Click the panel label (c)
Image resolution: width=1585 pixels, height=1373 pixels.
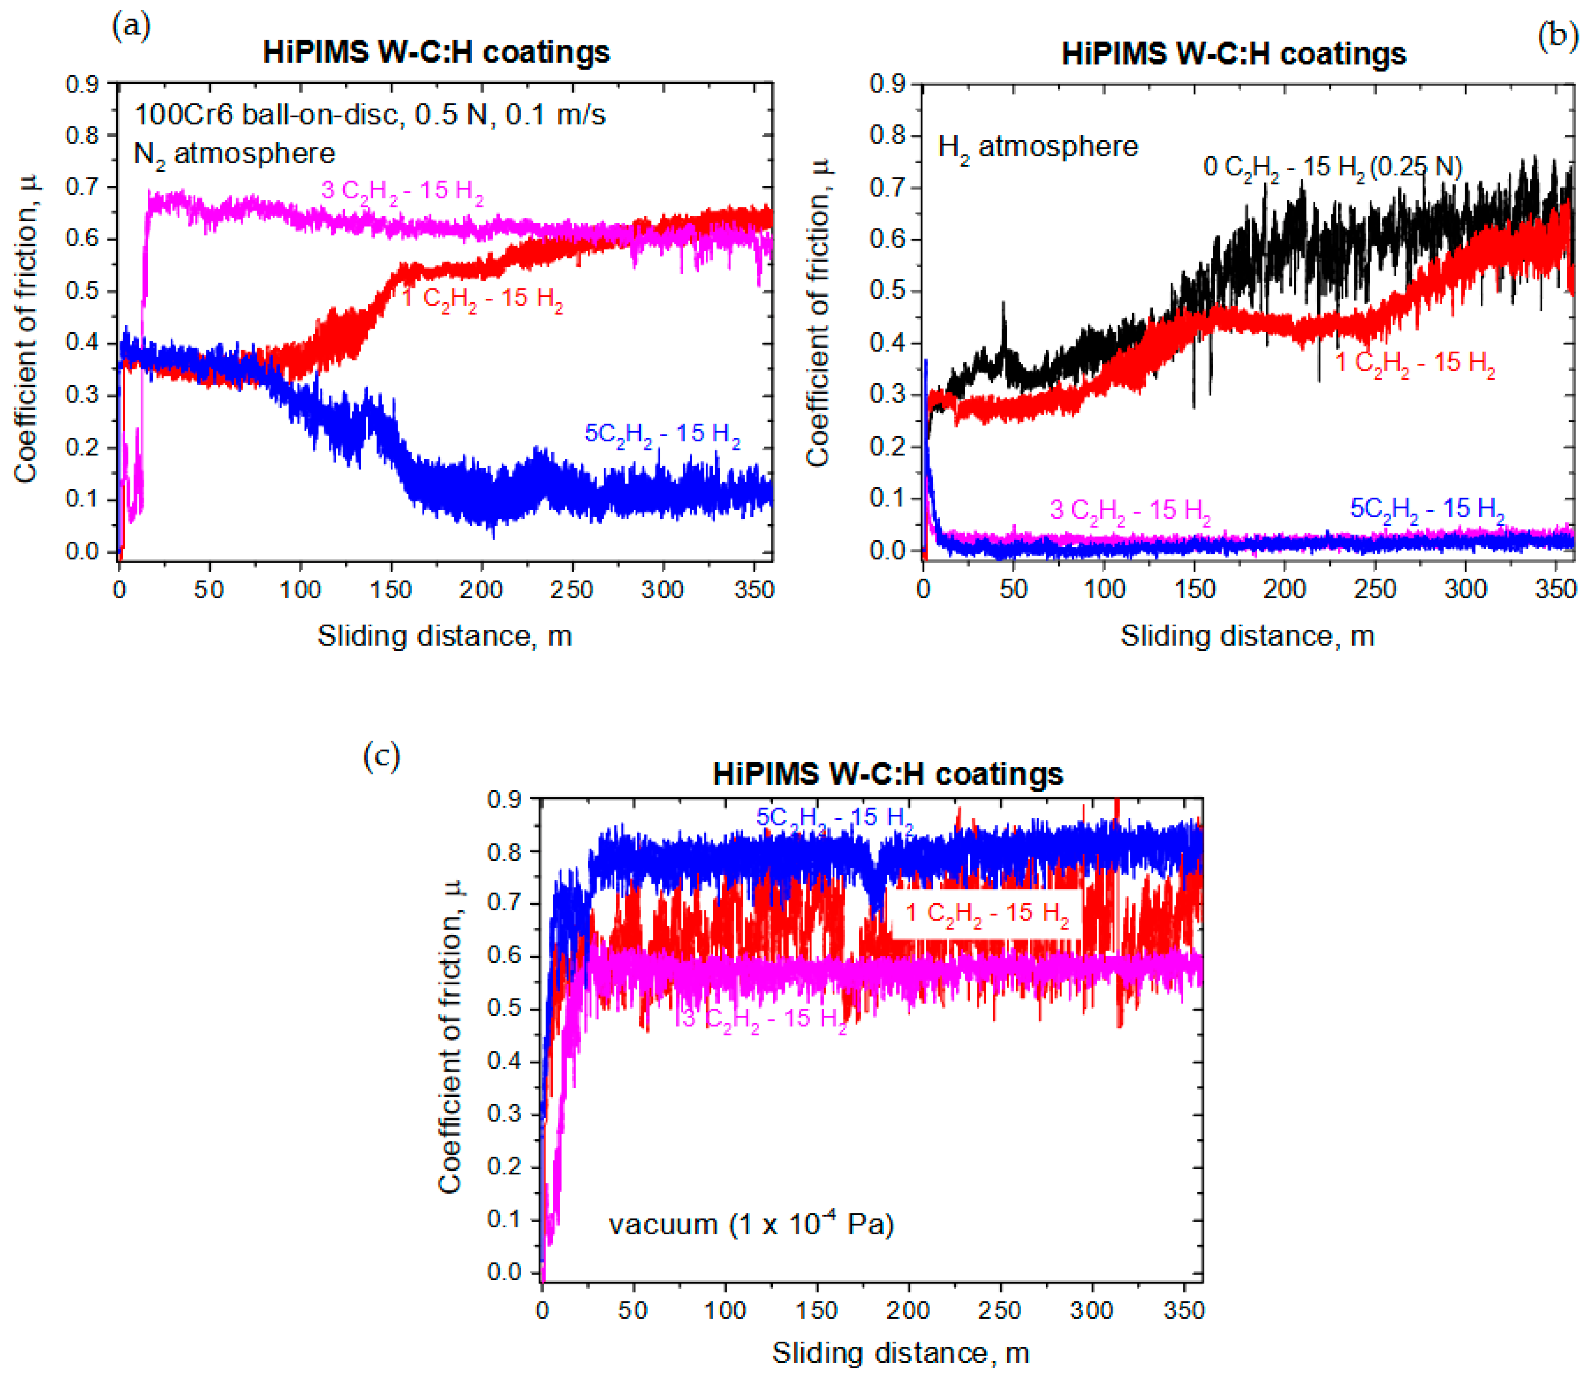(x=381, y=757)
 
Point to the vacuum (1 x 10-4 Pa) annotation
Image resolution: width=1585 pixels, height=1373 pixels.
(x=751, y=1224)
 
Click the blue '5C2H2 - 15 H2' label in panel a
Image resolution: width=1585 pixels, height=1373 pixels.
(x=663, y=435)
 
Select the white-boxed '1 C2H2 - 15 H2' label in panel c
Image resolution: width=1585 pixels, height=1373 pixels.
(x=987, y=913)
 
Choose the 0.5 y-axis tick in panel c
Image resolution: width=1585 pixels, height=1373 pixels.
(x=504, y=1008)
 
